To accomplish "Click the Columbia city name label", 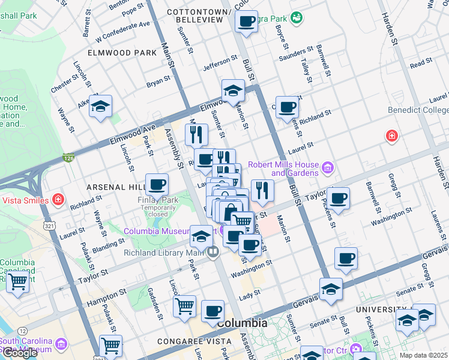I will tap(242, 323).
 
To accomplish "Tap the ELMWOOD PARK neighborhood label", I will tap(122, 53).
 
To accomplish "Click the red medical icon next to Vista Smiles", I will tap(58, 199).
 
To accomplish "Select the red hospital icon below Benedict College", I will tap(392, 136).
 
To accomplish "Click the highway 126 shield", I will tap(68, 158).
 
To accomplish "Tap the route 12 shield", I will tap(22, 331).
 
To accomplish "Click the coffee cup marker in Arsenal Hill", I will tap(157, 184).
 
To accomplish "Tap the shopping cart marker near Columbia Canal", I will tap(17, 280).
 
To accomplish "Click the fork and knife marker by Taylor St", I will tap(262, 190).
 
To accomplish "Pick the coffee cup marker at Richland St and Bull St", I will tap(288, 107).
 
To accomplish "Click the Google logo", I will tap(20, 353).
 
